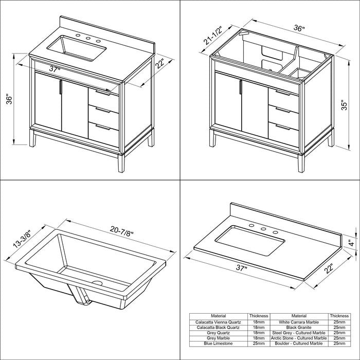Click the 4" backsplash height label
point(350,241)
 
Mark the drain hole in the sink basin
point(98,282)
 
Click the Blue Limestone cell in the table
point(219,343)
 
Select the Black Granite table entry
point(299,327)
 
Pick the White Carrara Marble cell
point(299,322)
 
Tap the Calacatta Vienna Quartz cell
point(219,322)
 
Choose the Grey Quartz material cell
point(219,332)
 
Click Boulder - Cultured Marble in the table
point(299,343)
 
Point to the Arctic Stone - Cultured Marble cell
point(299,338)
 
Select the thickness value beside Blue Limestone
point(259,343)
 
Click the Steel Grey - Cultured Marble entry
point(299,332)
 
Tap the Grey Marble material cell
point(219,338)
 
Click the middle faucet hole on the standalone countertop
point(263,229)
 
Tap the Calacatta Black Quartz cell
point(219,327)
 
